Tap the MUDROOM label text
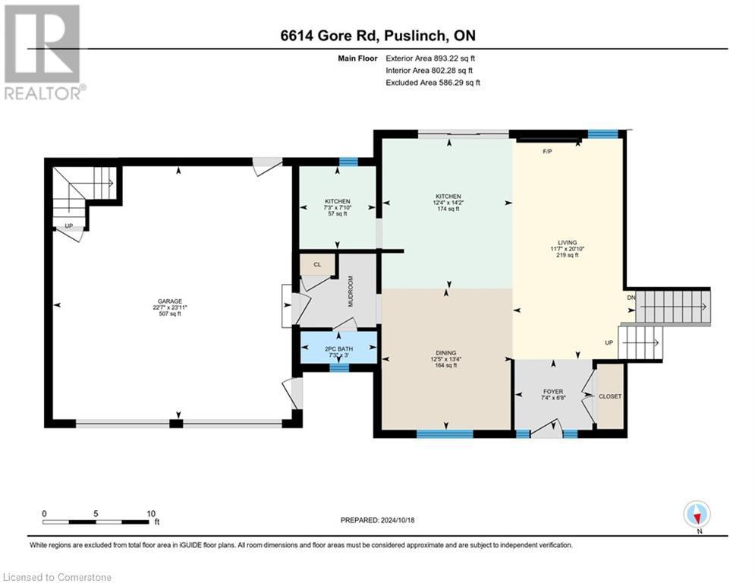pyautogui.click(x=351, y=291)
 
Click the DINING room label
pyautogui.click(x=446, y=351)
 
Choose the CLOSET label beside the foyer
pyautogui.click(x=609, y=396)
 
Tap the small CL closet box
pyautogui.click(x=311, y=264)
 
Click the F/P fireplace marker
pyautogui.click(x=546, y=152)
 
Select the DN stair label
pyautogui.click(x=631, y=298)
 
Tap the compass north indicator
pyautogui.click(x=697, y=514)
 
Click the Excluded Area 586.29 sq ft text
pyautogui.click(x=433, y=82)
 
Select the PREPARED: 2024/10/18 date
pyautogui.click(x=379, y=520)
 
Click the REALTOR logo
pyautogui.click(x=43, y=52)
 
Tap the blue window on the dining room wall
pyautogui.click(x=445, y=433)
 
